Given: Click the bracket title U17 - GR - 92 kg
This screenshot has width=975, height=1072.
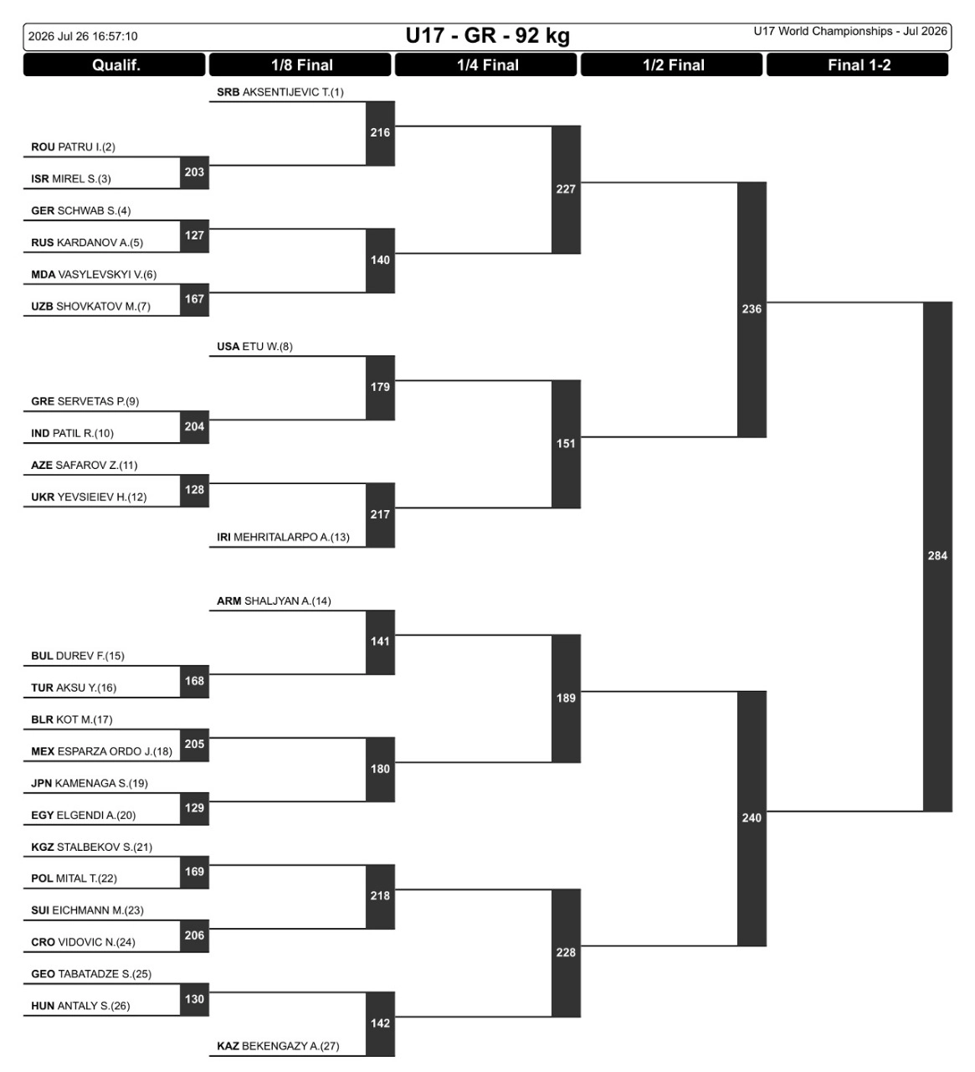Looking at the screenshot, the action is [x=487, y=36].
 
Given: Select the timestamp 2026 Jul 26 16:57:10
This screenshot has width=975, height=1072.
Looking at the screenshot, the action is [x=83, y=36].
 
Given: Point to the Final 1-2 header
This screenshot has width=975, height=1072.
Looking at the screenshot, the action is [x=858, y=64].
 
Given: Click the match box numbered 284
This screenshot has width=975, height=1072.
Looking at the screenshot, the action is [x=937, y=556].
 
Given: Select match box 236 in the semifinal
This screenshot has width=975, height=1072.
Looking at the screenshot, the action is [x=752, y=309].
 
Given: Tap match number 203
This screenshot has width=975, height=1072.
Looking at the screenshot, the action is [x=194, y=172].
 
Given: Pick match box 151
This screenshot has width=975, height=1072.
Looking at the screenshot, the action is [x=566, y=444].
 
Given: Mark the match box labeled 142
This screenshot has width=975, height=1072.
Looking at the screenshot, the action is [x=381, y=1023].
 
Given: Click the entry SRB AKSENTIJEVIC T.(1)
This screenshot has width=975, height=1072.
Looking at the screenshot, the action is [x=280, y=92].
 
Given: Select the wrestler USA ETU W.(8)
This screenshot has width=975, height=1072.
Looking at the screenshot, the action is [x=254, y=347].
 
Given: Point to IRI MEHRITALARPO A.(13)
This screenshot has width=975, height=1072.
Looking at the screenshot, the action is [x=283, y=538].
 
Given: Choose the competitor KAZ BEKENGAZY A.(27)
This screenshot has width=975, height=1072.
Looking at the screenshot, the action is [x=278, y=1046].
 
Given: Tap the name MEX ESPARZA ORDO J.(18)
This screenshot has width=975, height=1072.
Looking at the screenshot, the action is [x=101, y=752].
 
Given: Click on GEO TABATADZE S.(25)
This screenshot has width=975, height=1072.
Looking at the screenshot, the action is [x=91, y=974].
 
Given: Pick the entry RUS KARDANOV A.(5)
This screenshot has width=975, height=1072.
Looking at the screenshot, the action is [x=87, y=243].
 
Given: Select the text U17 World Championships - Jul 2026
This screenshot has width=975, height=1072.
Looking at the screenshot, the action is [x=850, y=32].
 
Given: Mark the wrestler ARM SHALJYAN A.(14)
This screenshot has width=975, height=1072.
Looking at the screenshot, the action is [x=274, y=601].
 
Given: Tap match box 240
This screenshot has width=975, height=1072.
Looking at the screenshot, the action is [x=752, y=818].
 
